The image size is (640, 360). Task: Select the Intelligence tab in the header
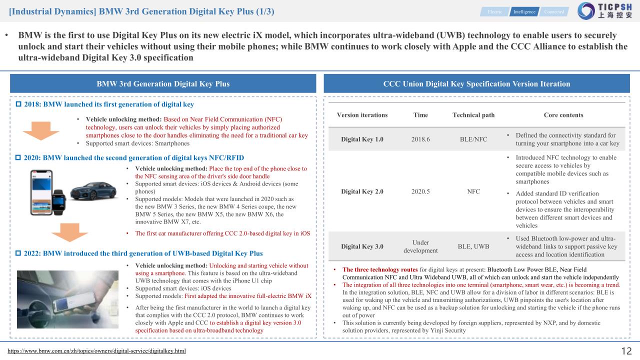click(523, 11)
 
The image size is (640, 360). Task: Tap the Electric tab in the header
click(495, 11)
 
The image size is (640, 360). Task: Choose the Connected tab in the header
click(554, 11)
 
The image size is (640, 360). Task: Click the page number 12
click(626, 351)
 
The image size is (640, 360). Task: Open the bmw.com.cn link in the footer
click(96, 351)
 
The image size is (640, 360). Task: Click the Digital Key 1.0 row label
click(362, 139)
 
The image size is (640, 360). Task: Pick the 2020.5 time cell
click(420, 191)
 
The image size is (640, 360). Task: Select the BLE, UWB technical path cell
click(473, 246)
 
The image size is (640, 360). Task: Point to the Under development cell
click(420, 246)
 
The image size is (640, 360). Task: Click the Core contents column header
click(563, 115)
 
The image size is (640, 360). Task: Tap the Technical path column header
click(473, 115)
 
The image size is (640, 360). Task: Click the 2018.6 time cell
click(420, 139)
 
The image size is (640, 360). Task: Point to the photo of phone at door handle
click(68, 299)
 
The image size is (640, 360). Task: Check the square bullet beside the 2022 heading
click(19, 253)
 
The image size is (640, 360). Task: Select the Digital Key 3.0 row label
click(362, 246)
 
